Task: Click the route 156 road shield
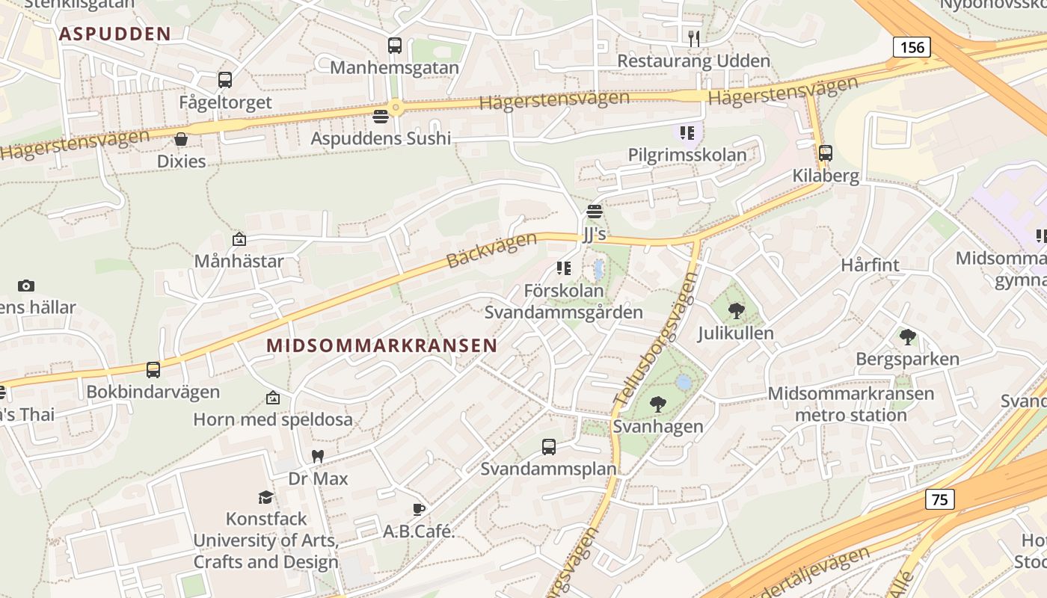912,48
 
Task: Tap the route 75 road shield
940,499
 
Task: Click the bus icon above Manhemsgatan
395,46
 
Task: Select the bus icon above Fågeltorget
225,80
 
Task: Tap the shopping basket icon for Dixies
181,139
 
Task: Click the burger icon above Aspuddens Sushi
381,117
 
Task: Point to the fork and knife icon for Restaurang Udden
694,38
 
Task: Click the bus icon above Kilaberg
826,153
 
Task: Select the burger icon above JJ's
595,212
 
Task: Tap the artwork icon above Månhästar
239,239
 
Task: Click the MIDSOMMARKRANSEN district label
381,345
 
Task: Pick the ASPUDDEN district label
115,34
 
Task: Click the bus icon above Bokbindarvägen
153,369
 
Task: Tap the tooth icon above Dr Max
318,456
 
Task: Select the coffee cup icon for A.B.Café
419,510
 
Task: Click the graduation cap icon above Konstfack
265,497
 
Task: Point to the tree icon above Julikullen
736,310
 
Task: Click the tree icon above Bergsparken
908,337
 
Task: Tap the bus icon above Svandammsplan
549,447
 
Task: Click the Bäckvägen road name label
491,250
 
